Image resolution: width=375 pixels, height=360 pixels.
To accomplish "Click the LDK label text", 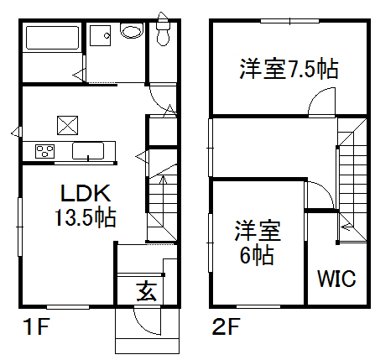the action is (86, 193).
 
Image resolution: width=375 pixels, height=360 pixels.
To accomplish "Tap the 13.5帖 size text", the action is (86, 217).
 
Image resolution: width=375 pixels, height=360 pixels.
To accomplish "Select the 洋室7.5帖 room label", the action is (289, 69).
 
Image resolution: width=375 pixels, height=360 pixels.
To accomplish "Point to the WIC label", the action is (336, 279).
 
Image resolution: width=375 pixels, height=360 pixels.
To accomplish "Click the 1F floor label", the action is (37, 326).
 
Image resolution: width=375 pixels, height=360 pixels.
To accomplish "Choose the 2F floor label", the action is (227, 326).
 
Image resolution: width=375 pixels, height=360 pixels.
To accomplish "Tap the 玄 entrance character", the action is (147, 291).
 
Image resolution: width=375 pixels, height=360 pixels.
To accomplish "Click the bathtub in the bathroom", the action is (52, 38).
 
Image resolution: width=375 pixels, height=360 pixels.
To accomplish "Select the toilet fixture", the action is (163, 29).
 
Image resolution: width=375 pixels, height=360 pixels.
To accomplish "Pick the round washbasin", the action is (132, 30).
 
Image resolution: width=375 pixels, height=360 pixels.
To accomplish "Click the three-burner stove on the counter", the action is (44, 151).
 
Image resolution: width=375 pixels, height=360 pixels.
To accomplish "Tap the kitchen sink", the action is (88, 151).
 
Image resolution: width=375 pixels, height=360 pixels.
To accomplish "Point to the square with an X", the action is (67, 125).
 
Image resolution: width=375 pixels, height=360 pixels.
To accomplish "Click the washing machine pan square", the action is (100, 35).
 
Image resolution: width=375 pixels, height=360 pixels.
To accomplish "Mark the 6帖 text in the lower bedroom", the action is (257, 255).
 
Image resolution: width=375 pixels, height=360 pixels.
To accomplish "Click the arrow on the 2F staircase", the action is (347, 227).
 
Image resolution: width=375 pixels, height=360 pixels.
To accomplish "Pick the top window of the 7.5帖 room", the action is (289, 21).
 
